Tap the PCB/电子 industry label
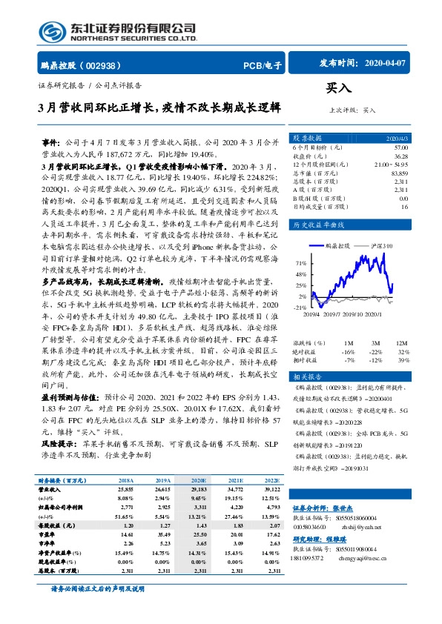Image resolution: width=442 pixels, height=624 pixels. [x=263, y=66]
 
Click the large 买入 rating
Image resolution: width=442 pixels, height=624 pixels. [x=340, y=88]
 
